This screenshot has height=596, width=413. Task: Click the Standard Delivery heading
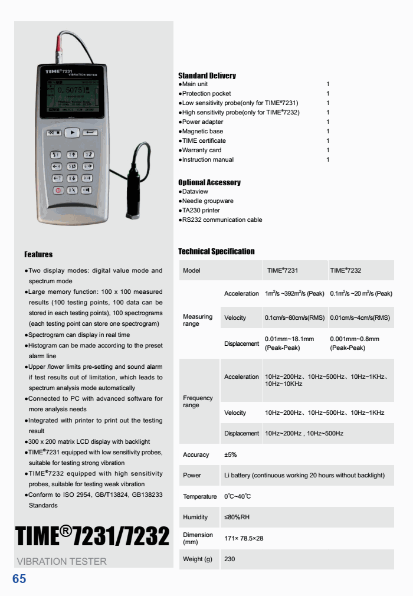(207, 76)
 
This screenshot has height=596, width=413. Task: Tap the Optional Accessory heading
(209, 182)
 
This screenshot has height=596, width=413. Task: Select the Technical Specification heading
(217, 251)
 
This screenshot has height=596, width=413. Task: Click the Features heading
(38, 254)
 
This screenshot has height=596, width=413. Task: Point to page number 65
(19, 579)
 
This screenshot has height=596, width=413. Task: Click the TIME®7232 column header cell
(346, 270)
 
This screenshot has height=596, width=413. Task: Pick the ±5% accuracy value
(230, 454)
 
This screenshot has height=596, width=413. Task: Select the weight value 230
(230, 559)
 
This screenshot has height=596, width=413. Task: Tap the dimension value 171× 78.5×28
(244, 538)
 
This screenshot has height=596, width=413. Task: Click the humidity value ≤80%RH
(237, 517)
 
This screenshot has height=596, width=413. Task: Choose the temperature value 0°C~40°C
(237, 496)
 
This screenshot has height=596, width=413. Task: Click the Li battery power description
(304, 475)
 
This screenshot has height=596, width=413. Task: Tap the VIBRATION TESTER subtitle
(62, 561)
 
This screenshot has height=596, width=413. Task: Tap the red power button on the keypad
(58, 191)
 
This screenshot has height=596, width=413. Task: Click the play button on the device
(72, 133)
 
